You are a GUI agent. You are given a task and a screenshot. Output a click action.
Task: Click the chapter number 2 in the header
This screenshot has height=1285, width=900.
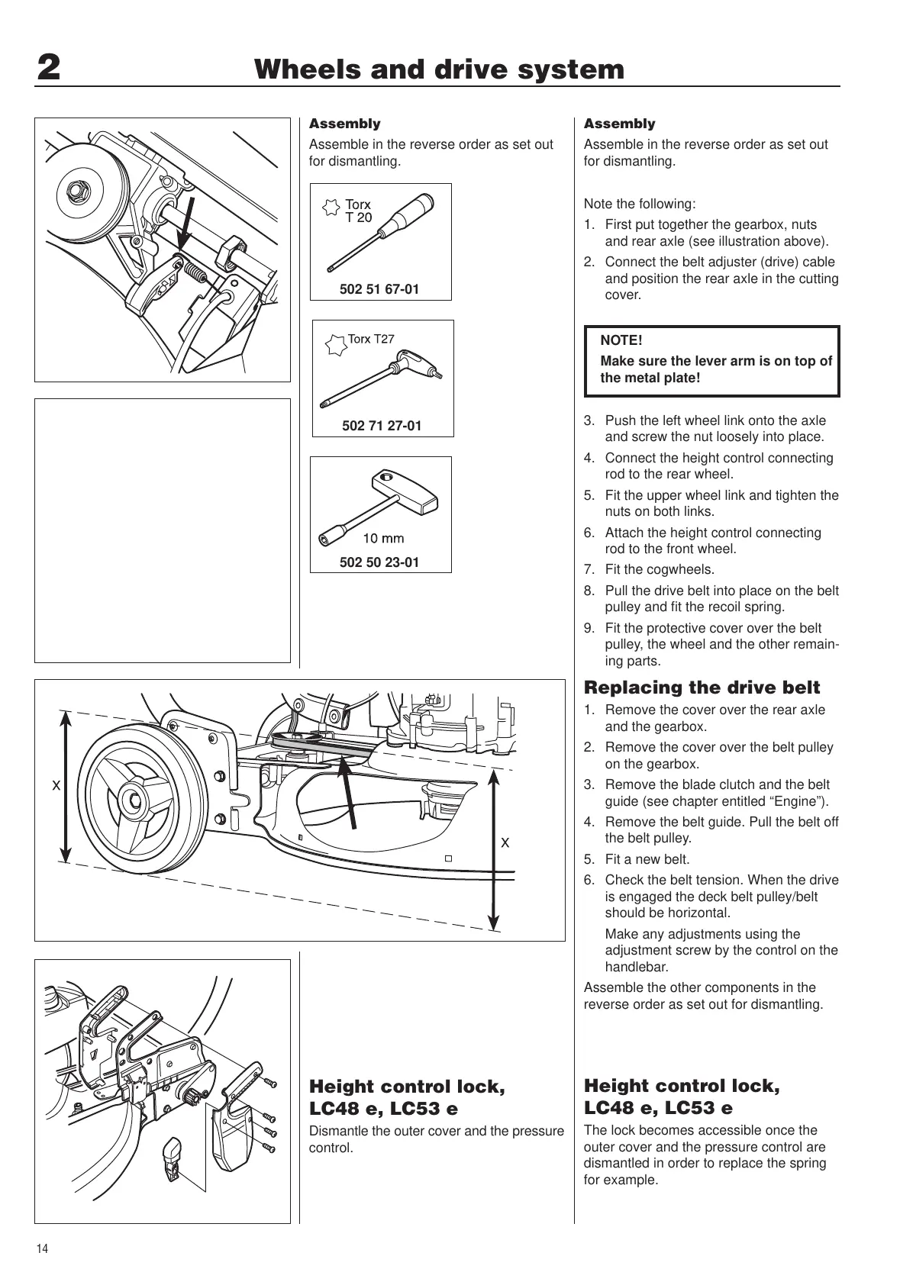[48, 70]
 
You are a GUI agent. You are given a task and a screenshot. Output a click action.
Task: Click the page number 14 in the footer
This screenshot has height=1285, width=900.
[42, 1249]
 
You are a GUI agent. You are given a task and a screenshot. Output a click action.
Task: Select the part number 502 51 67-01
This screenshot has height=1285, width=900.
[379, 289]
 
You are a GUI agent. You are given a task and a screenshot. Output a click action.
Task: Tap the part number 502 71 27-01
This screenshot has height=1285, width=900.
[382, 426]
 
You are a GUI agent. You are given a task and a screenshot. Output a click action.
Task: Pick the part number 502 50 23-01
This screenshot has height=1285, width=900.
[379, 562]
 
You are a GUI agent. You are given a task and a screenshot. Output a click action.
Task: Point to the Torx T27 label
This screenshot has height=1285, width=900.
[371, 339]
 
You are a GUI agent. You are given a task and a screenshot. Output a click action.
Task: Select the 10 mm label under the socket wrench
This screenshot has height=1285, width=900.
[383, 538]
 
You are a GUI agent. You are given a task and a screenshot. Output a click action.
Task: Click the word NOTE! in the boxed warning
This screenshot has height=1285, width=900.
[621, 340]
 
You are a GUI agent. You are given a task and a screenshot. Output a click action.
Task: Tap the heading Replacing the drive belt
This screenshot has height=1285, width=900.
[702, 688]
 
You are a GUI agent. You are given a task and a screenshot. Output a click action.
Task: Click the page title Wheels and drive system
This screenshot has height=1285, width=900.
[440, 70]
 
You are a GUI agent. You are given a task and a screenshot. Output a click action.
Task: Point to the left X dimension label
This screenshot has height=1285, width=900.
[55, 784]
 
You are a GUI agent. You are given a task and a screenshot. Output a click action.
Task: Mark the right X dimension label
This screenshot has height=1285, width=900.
[505, 843]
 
